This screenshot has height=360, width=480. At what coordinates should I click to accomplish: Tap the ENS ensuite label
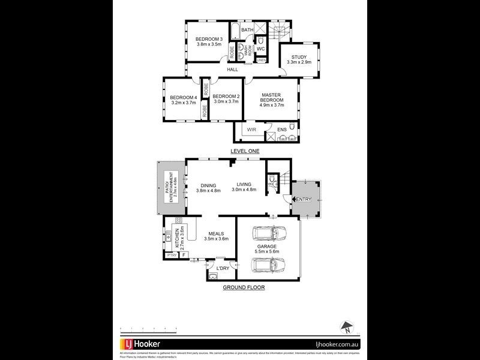[281, 129]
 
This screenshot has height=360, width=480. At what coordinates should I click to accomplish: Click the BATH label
[247, 29]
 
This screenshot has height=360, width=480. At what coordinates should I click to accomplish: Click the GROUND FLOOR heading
[244, 287]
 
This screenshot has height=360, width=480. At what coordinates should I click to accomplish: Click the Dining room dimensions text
[209, 190]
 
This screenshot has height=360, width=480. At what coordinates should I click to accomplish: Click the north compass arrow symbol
[346, 328]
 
